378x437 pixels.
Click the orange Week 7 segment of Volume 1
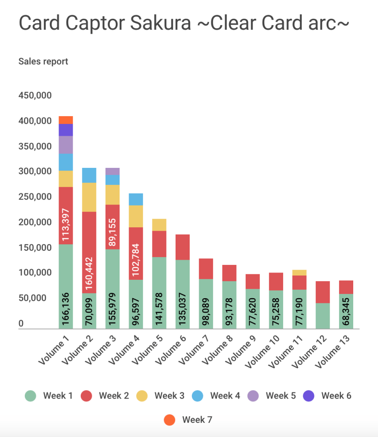[66, 120]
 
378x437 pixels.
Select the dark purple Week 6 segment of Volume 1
[66, 130]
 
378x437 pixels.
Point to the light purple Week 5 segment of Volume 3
[112, 171]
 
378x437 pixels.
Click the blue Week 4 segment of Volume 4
[136, 199]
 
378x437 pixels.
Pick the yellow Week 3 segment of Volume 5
[159, 225]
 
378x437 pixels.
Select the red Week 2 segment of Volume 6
[183, 247]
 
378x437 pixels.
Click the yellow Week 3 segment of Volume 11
[299, 273]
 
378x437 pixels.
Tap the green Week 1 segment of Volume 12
[323, 316]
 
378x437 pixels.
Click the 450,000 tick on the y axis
[35, 95]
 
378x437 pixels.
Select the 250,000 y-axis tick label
[35, 197]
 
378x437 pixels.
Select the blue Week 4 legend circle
[198, 396]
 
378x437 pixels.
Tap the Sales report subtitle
[43, 62]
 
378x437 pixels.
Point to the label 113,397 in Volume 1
[66, 225]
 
